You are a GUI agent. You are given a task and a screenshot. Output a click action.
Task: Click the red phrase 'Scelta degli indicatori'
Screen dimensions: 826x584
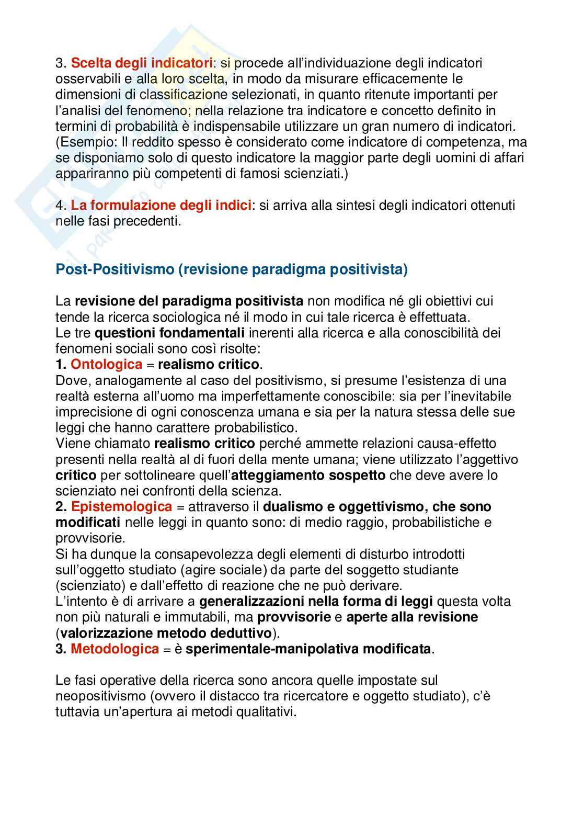pos(141,63)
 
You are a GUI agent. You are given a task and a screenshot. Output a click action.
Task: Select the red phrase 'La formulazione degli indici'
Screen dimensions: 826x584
pos(161,205)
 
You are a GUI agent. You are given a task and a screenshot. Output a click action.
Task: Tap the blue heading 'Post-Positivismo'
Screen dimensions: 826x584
pos(114,269)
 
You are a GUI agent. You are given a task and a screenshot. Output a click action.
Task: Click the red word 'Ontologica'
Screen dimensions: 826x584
pos(106,364)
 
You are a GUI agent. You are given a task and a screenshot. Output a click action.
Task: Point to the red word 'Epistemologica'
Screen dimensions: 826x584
pos(121,506)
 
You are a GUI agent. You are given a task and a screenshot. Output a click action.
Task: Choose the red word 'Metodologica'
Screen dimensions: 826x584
pos(114,649)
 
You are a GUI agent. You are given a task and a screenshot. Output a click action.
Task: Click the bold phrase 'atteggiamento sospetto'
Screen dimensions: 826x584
pos(308,475)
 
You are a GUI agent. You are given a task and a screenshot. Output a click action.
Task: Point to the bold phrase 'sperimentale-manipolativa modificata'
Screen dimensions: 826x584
pos(308,649)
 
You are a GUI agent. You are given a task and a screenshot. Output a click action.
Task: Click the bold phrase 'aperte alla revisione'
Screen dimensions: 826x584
pos(412,617)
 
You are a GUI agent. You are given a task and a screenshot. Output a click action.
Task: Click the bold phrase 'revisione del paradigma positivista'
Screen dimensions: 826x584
pos(189,301)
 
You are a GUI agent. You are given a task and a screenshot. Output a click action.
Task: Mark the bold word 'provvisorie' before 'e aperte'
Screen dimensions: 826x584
pos(294,617)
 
